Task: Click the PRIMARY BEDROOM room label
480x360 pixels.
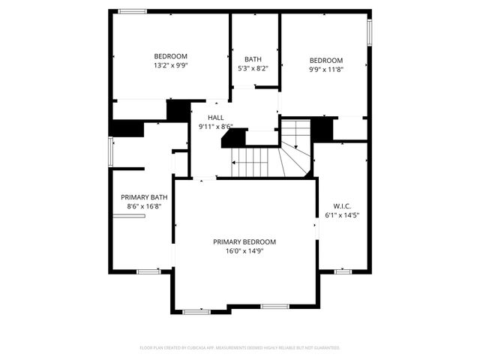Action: [x=244, y=241]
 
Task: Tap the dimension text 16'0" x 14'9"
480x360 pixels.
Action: [x=244, y=251]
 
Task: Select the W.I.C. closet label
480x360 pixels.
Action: [x=342, y=205]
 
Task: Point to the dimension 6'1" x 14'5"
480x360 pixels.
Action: [x=342, y=215]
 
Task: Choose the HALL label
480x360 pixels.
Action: [x=216, y=118]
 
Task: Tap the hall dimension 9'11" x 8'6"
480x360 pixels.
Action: [x=216, y=127]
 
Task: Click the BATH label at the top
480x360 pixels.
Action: [x=253, y=59]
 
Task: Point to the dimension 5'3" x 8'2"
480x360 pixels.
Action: [x=253, y=68]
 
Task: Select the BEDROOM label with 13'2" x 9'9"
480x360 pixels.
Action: [x=171, y=56]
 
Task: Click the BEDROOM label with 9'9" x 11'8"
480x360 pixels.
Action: [x=326, y=61]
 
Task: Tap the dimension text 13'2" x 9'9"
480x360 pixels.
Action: [x=171, y=65]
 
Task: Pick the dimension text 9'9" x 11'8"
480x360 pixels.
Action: [x=326, y=70]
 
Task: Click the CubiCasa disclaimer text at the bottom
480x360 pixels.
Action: [x=240, y=348]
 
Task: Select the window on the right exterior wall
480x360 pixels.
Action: [x=369, y=31]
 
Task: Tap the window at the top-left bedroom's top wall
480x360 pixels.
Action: [x=133, y=10]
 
